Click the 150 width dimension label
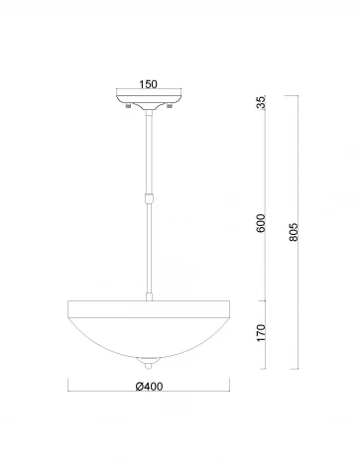(148, 84)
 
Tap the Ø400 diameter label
(149, 386)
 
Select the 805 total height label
(294, 232)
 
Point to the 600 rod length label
(261, 223)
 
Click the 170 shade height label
(261, 333)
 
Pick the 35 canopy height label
(261, 102)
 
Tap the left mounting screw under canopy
(127, 106)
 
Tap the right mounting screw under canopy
(170, 106)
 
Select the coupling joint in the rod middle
(149, 198)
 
